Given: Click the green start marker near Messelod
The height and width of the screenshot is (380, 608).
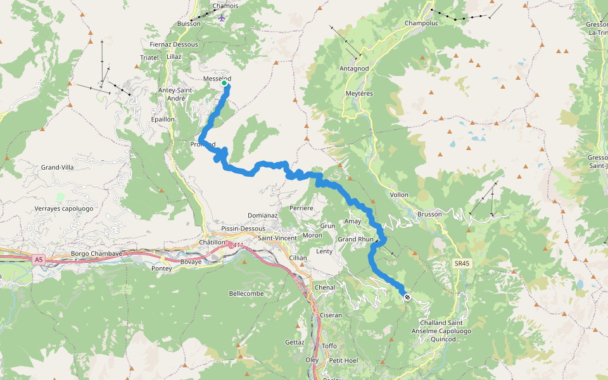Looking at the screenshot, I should point(224,82).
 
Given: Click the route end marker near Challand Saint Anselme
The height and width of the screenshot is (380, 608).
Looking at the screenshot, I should point(407,296).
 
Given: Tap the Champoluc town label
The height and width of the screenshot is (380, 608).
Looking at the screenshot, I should point(421,23).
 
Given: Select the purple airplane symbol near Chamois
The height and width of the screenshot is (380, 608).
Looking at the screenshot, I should point(221,17).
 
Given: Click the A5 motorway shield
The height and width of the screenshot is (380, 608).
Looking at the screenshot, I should point(39,259).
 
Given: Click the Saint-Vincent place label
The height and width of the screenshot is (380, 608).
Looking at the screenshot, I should point(276,237).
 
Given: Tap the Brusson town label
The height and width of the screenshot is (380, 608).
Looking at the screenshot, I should point(429,214).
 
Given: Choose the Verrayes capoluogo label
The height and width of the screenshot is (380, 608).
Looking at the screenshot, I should point(64,208).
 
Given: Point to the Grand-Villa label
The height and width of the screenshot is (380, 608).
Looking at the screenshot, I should point(58,167).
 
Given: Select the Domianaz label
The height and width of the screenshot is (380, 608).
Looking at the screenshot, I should point(263,215).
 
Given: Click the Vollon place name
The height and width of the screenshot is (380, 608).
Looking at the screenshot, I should point(400,194).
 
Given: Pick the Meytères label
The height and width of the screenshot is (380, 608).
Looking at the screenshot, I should point(359,93).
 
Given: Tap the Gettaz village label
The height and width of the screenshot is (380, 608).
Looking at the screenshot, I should point(294,342).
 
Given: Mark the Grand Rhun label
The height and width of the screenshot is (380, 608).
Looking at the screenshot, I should point(355,239).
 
